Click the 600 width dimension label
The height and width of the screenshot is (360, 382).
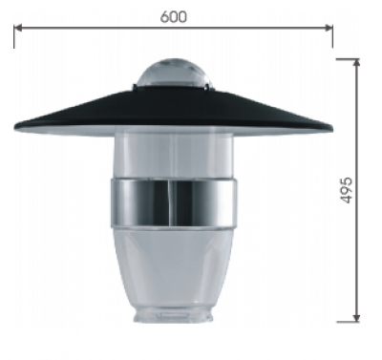[x=174, y=16]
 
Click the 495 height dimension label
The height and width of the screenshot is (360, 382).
[x=346, y=190]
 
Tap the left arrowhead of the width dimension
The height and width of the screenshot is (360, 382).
[x=18, y=28]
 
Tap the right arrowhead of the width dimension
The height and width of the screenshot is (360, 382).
[x=329, y=28]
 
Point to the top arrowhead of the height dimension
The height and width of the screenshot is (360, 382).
[x=357, y=63]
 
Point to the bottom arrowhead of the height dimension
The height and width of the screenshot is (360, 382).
[x=357, y=317]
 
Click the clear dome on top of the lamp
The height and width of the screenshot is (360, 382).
[x=175, y=74]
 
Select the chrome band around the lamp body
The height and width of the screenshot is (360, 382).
[x=174, y=202]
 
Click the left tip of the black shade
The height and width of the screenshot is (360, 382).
[x=14, y=129]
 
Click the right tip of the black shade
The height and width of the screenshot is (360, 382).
[x=332, y=129]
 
